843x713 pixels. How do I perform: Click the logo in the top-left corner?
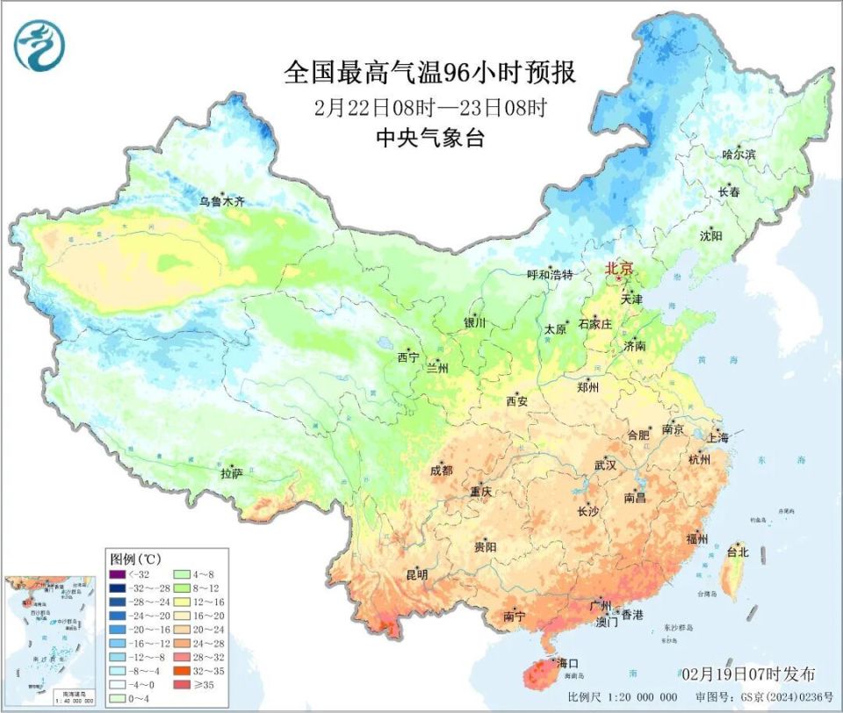click(x=40, y=45)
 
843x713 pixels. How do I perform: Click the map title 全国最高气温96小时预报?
click(x=429, y=73)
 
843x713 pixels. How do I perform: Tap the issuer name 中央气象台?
click(x=429, y=138)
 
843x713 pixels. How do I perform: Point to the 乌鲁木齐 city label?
click(x=221, y=201)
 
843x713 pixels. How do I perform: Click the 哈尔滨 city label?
click(x=739, y=154)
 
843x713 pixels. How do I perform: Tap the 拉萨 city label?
click(x=231, y=473)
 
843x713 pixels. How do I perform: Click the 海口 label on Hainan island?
click(x=567, y=663)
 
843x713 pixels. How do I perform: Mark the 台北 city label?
click(x=737, y=552)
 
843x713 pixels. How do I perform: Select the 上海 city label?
click(x=717, y=437)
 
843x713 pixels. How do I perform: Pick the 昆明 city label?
click(x=416, y=575)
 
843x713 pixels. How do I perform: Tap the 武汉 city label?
click(x=606, y=464)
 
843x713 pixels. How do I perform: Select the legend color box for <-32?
click(x=117, y=574)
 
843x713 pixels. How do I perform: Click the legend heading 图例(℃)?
click(x=134, y=558)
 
